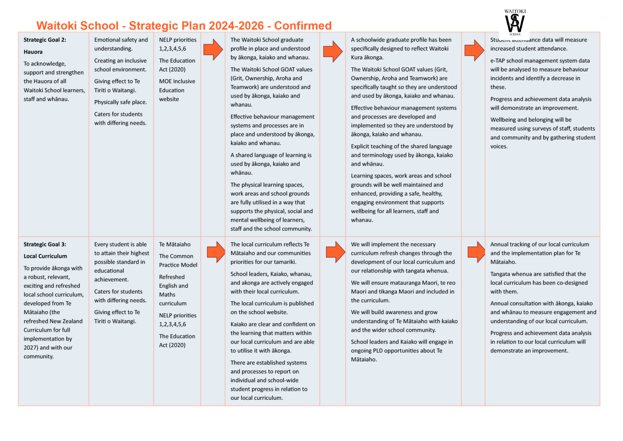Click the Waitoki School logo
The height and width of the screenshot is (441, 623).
(x=515, y=23)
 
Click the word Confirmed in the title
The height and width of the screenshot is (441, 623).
(x=303, y=26)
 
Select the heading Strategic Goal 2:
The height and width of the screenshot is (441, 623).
(x=45, y=40)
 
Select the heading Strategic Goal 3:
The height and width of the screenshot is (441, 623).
(x=45, y=245)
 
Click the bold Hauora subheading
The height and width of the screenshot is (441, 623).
(x=33, y=52)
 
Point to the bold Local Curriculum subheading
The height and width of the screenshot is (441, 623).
(x=45, y=256)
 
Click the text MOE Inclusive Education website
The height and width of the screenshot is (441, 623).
(x=177, y=90)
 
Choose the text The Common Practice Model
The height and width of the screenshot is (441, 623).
(x=178, y=261)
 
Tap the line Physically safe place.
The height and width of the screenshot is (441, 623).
(x=120, y=102)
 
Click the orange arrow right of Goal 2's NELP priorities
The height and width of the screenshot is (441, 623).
(x=213, y=50)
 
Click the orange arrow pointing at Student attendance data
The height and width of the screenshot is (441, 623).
(x=474, y=50)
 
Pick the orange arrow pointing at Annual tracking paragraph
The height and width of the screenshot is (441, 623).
(x=476, y=252)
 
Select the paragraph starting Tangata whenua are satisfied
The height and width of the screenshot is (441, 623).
(x=539, y=283)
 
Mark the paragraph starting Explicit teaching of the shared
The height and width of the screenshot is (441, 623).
(x=402, y=155)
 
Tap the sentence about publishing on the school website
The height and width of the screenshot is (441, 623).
(x=272, y=308)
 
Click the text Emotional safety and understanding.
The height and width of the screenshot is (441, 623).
(x=121, y=44)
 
